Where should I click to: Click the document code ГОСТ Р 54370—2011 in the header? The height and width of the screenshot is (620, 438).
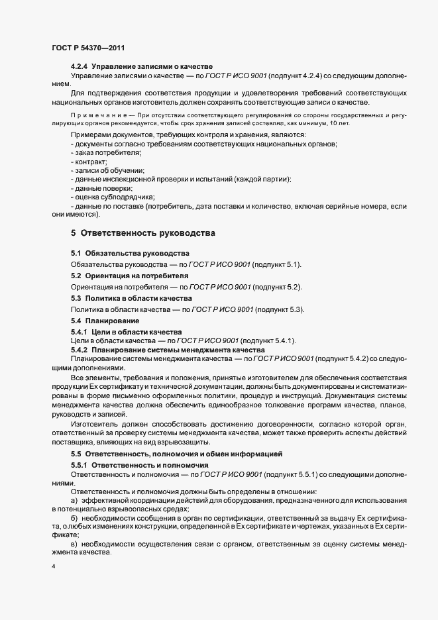click(87, 48)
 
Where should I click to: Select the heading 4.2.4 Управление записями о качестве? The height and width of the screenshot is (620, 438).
click(141, 67)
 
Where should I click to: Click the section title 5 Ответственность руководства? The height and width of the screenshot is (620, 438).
click(142, 233)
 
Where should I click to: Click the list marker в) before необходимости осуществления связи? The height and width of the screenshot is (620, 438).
click(74, 543)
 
